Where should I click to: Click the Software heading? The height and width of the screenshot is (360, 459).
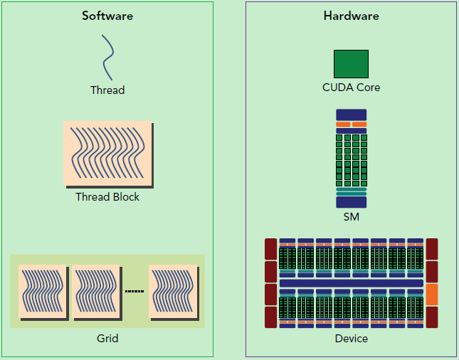[107, 16]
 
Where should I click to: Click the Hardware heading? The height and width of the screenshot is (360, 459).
[351, 16]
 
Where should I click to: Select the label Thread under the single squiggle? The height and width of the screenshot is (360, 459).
[107, 90]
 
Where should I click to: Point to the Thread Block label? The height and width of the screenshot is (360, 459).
[107, 197]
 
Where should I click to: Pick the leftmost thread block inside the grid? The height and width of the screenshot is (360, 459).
[42, 291]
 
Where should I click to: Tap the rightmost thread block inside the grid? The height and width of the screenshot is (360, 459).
[173, 291]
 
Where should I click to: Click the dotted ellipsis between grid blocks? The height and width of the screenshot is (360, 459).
[134, 291]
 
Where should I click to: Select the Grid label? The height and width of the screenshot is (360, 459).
[107, 339]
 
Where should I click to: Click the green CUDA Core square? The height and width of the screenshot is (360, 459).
[351, 63]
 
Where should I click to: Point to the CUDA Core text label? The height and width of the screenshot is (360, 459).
[351, 88]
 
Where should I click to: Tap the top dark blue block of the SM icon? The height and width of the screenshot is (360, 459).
[351, 114]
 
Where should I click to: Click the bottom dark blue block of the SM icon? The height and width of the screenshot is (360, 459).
[351, 202]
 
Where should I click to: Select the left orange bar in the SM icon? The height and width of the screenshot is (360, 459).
[343, 125]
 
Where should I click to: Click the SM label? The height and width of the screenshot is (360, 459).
[351, 217]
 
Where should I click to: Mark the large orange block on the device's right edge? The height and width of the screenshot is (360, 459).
[431, 294]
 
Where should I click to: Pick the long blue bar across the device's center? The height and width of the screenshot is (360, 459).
[351, 283]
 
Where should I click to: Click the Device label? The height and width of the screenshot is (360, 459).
[351, 339]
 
